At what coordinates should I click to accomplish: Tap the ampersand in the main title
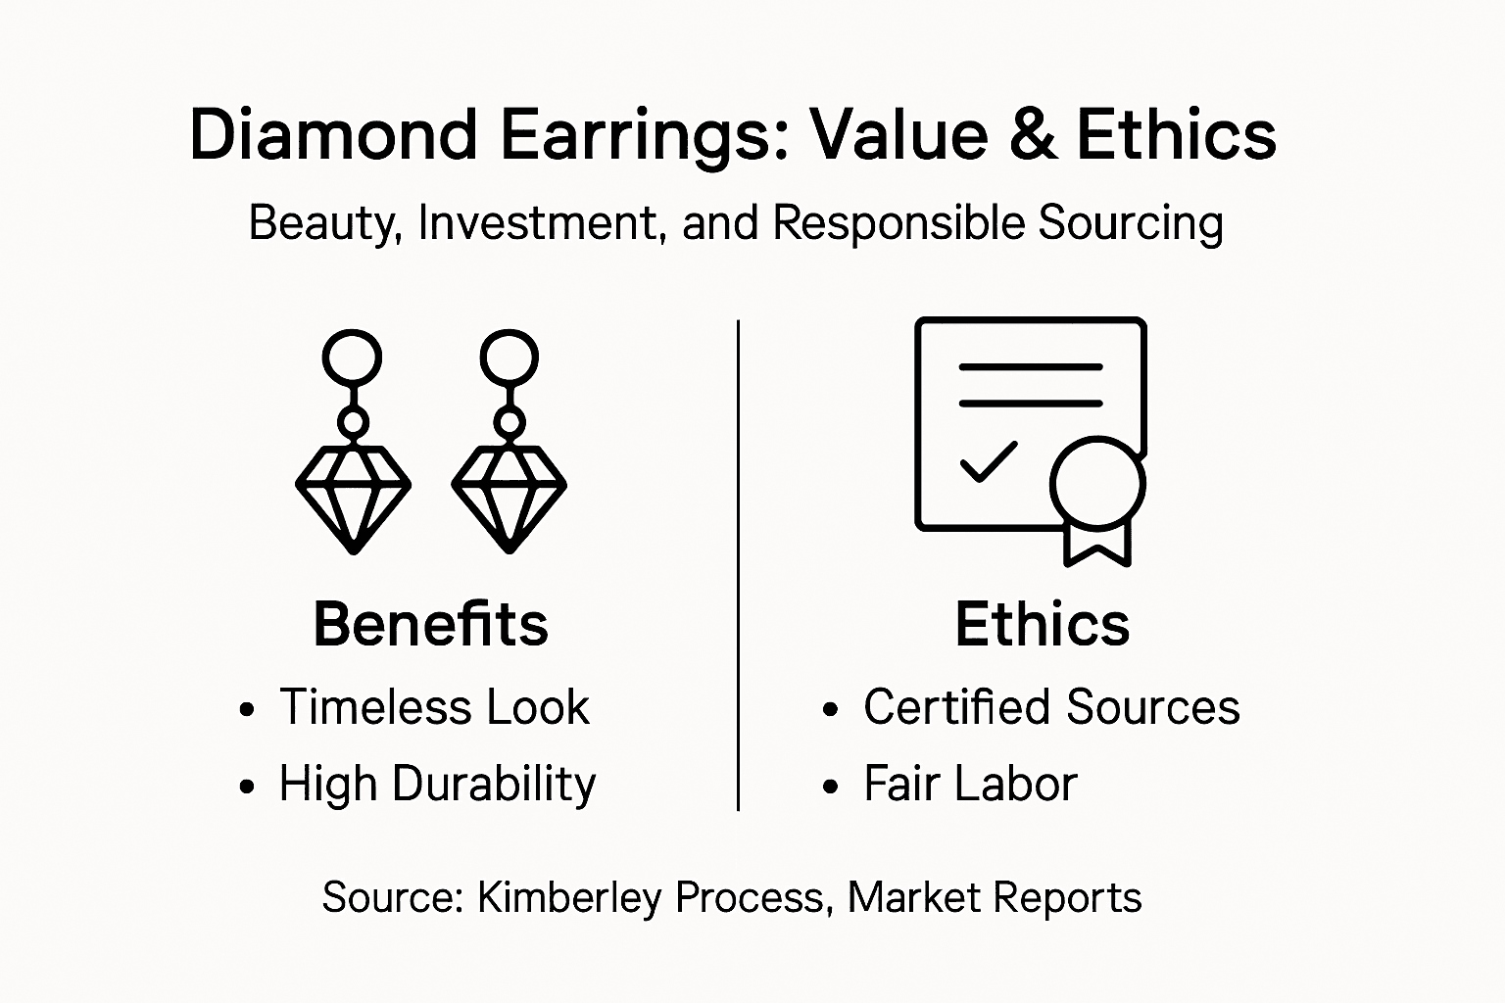click(1032, 134)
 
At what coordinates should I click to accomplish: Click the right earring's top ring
click(510, 358)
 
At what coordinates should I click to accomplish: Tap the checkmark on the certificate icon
click(988, 461)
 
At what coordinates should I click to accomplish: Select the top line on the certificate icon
click(1030, 367)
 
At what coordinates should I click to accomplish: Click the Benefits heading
click(430, 624)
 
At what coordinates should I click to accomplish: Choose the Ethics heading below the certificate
click(1042, 624)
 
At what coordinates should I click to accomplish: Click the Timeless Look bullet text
click(434, 707)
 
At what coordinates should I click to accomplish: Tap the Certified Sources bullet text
click(1050, 707)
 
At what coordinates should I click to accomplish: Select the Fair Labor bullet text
click(970, 784)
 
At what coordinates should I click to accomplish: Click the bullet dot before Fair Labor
click(832, 787)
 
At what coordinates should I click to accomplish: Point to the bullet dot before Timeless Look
click(248, 710)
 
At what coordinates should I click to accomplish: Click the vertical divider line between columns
click(738, 564)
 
